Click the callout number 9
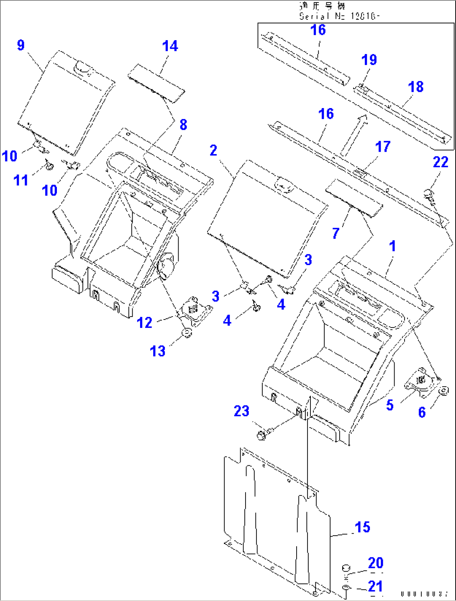click(x=21, y=45)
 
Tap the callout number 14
click(x=170, y=46)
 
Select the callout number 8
click(x=183, y=124)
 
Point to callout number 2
click(x=213, y=150)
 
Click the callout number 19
click(x=369, y=60)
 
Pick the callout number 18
click(x=415, y=87)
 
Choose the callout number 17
click(x=382, y=147)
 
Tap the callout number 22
click(x=441, y=162)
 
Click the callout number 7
click(x=336, y=233)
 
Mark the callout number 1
click(x=392, y=246)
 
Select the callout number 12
click(x=145, y=322)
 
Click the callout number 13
click(x=158, y=351)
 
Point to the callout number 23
click(x=241, y=411)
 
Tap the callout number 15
click(x=362, y=527)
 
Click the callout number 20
click(x=375, y=563)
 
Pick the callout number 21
click(x=375, y=586)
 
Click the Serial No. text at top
click(x=339, y=16)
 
